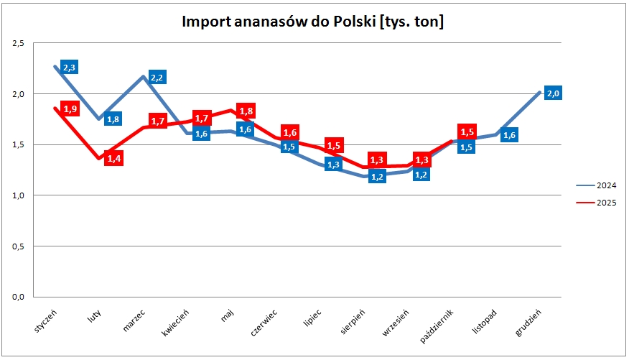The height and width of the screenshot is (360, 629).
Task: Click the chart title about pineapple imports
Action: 312,22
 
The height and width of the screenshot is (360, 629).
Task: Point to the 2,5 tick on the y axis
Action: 19,44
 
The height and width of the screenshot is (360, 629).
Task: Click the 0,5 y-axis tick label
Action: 19,246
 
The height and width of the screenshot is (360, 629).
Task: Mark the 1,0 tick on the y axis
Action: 19,195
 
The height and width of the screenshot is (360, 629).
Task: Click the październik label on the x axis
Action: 441,326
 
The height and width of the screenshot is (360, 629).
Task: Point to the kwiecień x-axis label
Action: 177,323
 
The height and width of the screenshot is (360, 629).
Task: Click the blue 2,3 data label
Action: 70,68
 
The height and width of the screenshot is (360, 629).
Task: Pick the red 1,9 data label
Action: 70,109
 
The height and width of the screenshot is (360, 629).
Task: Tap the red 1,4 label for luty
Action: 113,158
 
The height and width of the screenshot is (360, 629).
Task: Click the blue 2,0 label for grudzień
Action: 553,93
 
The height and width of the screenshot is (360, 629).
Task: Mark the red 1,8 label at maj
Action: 245,111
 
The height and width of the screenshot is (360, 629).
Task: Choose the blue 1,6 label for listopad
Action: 509,135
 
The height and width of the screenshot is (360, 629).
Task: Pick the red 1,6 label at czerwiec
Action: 289,132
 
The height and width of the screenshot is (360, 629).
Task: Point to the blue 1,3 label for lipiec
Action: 333,165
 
